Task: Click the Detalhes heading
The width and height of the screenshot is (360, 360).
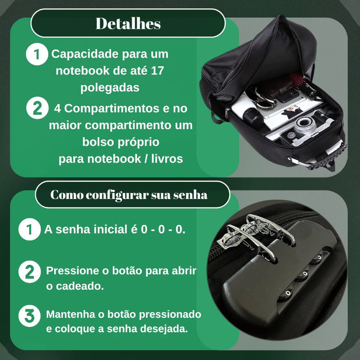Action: coord(128,24)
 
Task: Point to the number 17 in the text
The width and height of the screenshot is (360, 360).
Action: coord(157,71)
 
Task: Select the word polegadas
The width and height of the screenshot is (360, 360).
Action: coord(110,87)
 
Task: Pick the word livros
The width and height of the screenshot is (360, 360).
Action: coord(167,159)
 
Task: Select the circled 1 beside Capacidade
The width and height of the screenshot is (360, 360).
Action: coord(37,55)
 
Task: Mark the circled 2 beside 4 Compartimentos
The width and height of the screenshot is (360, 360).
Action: coord(37,109)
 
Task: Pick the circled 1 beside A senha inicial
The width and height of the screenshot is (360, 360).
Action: coord(30,230)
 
